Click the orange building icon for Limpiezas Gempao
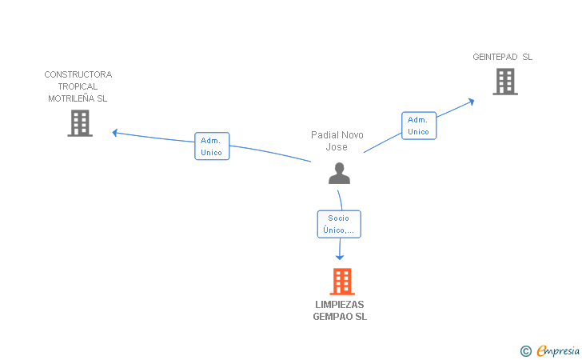pos(341,282)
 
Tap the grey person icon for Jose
pos(339,173)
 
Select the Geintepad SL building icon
pos(504,82)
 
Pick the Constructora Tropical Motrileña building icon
pos(79,123)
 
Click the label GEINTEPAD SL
pos(502,57)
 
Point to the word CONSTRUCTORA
pos(78,74)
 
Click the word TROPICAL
pos(78,86)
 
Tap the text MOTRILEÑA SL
pos(78,98)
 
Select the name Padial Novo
pos(337,135)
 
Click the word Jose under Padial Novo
pos(337,147)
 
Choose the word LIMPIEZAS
pos(340,305)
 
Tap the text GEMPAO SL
pos(340,317)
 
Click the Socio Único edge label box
pos(339,224)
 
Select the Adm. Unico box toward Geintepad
pos(419,126)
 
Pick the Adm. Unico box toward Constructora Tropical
pos(212,146)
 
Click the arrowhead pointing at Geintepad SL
pos(472,102)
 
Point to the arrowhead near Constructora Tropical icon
pos(115,132)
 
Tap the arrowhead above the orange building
pos(340,256)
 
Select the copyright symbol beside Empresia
pos(525,350)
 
